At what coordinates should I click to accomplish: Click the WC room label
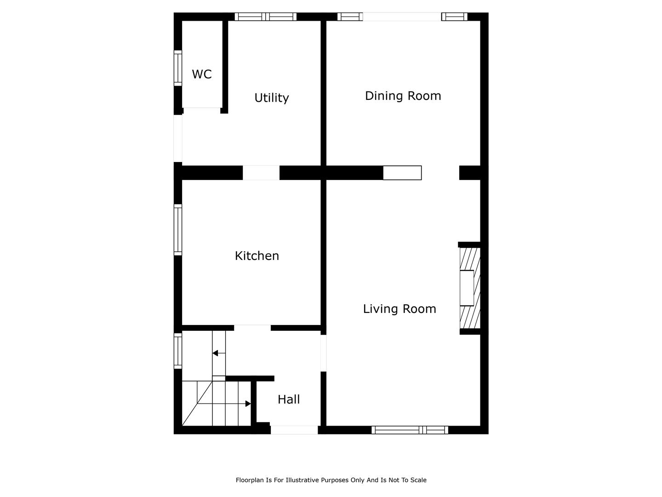coord(202,74)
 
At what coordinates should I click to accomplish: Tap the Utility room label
coord(271,98)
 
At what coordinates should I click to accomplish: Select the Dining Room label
coord(403,96)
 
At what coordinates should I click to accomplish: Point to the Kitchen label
coord(257,256)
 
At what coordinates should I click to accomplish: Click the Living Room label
coord(399,309)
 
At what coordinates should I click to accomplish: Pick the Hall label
coord(289,399)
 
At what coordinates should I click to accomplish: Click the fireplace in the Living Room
coord(469,288)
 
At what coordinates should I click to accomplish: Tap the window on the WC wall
coord(178,68)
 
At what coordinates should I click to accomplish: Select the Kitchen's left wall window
coord(178,230)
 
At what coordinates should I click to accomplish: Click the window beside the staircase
coord(178,351)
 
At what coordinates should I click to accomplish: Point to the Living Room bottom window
coord(410,430)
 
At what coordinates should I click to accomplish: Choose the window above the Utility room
coord(265,17)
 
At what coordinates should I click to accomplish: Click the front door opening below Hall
coord(294,430)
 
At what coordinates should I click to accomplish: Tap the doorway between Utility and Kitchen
coord(261,173)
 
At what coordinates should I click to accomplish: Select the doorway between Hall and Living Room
coord(323,353)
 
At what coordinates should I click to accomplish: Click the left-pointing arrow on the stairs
coord(219,353)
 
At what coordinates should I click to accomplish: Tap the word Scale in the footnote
coord(418,480)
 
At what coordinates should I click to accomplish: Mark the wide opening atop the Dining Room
coord(402,17)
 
